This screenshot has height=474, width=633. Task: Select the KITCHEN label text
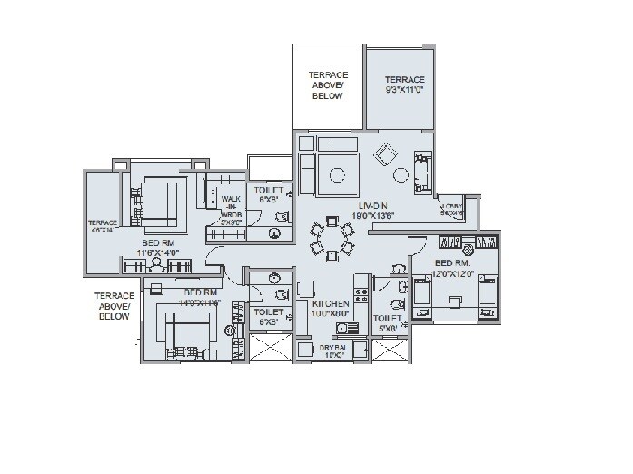(x=331, y=304)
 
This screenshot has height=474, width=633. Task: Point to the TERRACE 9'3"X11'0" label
(x=404, y=84)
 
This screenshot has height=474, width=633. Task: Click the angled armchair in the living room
(x=387, y=154)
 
